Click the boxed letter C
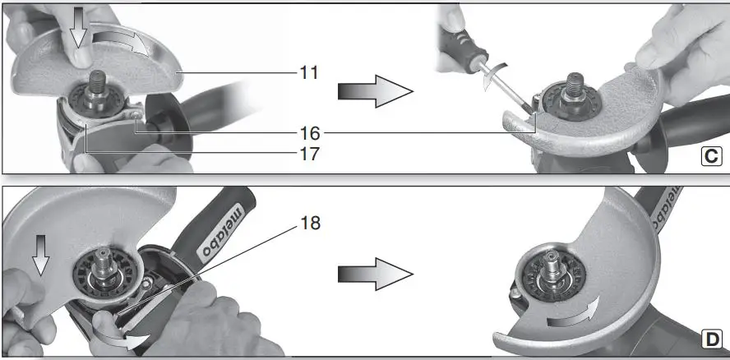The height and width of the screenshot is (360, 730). coord(712,156)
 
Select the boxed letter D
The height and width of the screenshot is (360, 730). coord(712,339)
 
